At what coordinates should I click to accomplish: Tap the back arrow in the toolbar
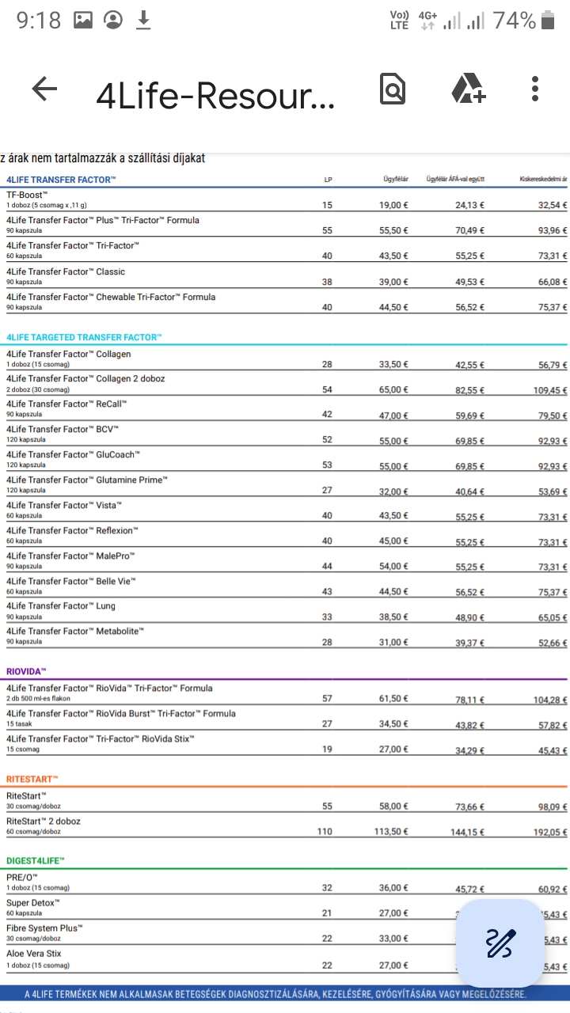pyautogui.click(x=44, y=89)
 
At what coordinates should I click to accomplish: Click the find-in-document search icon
pyautogui.click(x=392, y=89)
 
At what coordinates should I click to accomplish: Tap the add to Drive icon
pyautogui.click(x=468, y=89)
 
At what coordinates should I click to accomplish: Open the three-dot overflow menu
pyautogui.click(x=536, y=89)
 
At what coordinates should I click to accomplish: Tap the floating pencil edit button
pyautogui.click(x=500, y=942)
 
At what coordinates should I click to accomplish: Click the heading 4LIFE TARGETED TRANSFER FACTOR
pyautogui.click(x=84, y=337)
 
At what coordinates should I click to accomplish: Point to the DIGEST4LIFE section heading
pyautogui.click(x=36, y=860)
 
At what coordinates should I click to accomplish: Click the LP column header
pyautogui.click(x=328, y=180)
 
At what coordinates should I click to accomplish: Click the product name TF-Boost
pyautogui.click(x=28, y=195)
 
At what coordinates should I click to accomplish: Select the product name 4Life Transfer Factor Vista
pyautogui.click(x=64, y=505)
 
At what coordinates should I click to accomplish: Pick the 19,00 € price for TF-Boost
pyautogui.click(x=393, y=206)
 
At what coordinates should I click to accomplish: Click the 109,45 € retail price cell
pyautogui.click(x=549, y=390)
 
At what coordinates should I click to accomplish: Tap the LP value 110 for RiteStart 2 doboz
pyautogui.click(x=325, y=832)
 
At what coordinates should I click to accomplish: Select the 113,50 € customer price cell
pyautogui.click(x=391, y=832)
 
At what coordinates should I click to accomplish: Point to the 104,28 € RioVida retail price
pyautogui.click(x=549, y=700)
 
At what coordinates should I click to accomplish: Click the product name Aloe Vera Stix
pyautogui.click(x=33, y=954)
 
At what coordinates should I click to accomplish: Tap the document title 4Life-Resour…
pyautogui.click(x=215, y=95)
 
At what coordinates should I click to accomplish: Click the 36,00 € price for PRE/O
pyautogui.click(x=393, y=889)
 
